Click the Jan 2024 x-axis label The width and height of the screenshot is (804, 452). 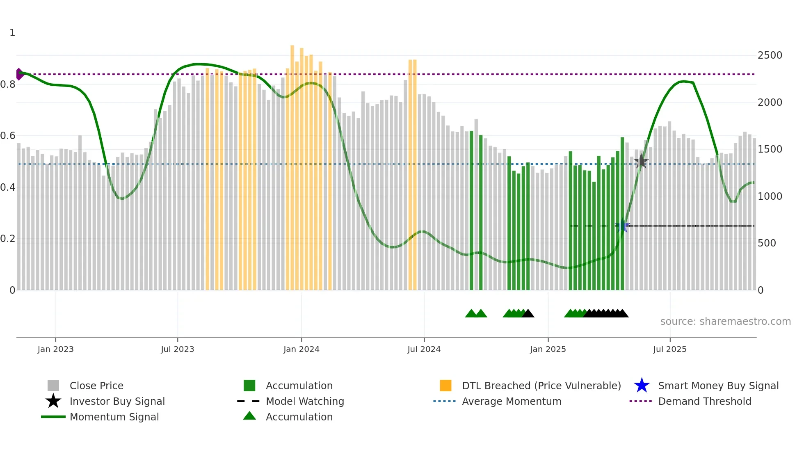click(x=301, y=349)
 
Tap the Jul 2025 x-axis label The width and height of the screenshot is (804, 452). click(x=669, y=349)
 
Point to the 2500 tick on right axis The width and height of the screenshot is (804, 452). click(x=770, y=55)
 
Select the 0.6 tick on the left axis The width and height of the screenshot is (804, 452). click(x=8, y=136)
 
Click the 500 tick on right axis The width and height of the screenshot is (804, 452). click(x=767, y=243)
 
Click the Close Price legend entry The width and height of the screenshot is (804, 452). click(x=96, y=386)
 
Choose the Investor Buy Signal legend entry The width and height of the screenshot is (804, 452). click(x=117, y=401)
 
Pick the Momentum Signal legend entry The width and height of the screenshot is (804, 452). click(x=114, y=417)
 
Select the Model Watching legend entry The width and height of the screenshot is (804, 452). click(x=305, y=401)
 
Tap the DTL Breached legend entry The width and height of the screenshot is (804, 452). click(x=541, y=386)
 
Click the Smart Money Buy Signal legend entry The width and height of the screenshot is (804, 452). click(x=718, y=386)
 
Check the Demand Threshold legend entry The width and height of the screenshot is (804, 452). click(x=704, y=401)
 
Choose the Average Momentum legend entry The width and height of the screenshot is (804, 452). click(x=511, y=401)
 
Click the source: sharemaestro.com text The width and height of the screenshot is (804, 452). click(x=725, y=322)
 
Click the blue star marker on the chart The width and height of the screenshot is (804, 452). click(x=622, y=226)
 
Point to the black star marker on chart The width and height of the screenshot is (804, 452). click(x=641, y=161)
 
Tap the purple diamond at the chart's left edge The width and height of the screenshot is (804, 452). click(x=19, y=74)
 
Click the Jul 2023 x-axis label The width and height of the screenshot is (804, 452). click(x=177, y=349)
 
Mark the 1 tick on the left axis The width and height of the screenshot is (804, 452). click(x=12, y=33)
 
